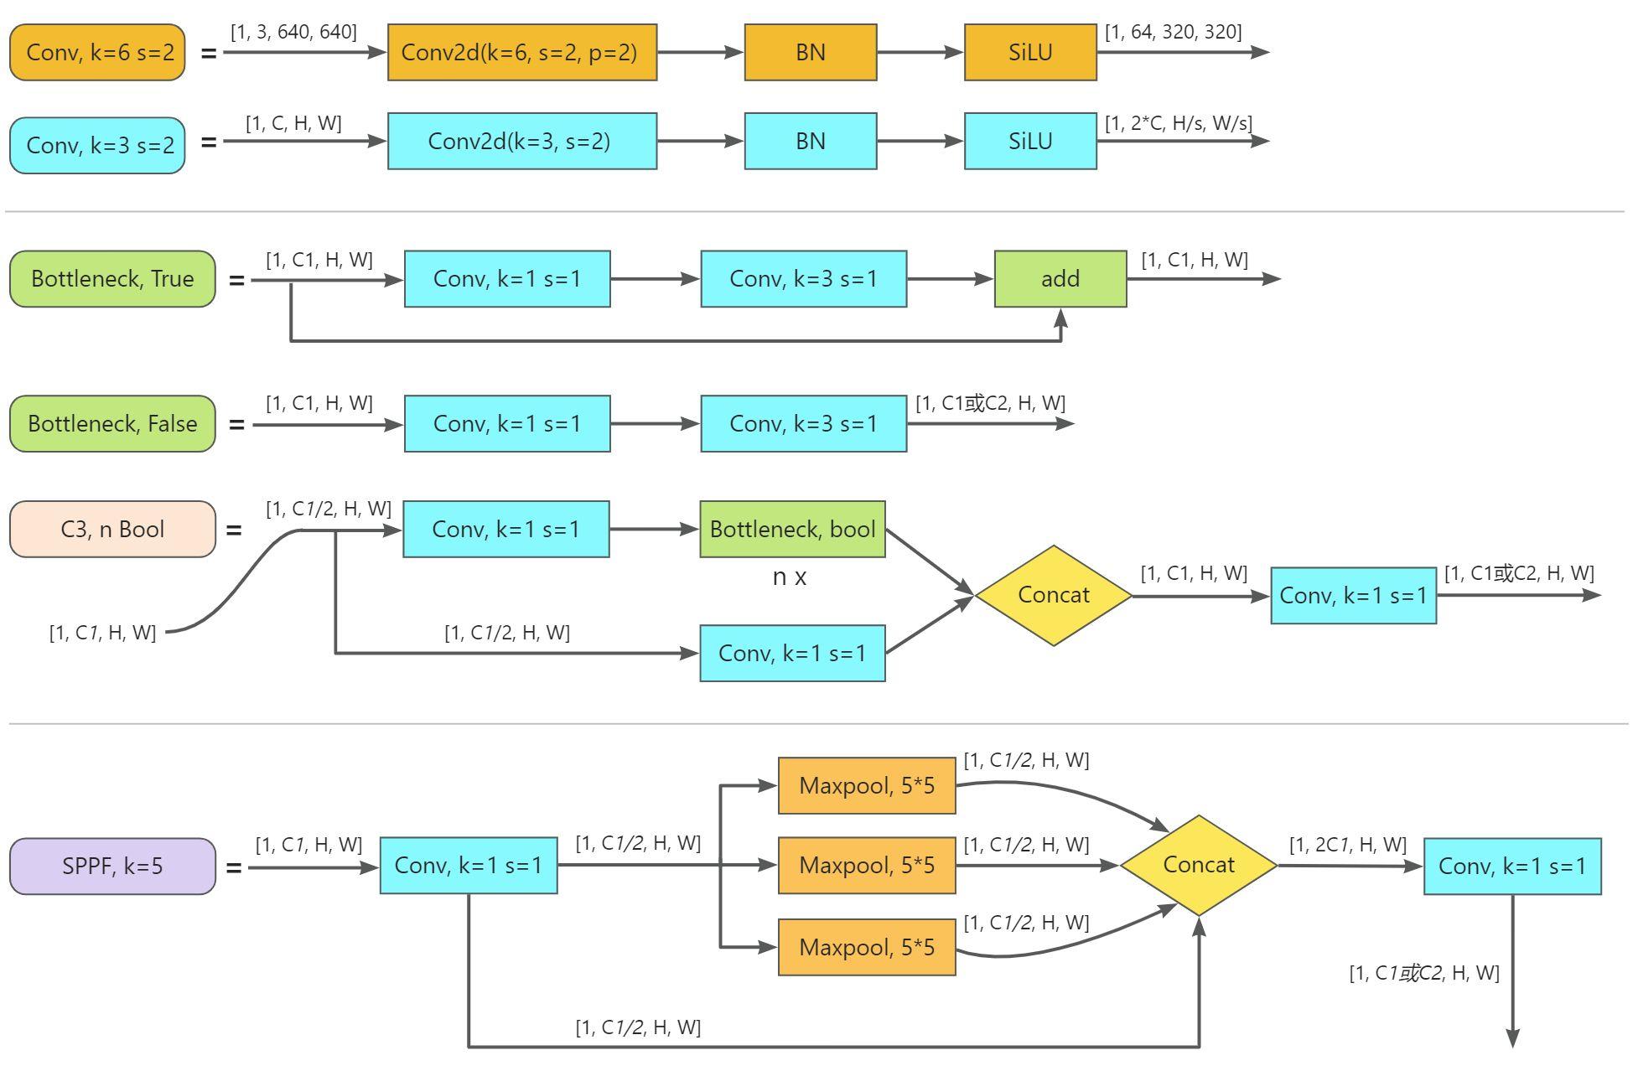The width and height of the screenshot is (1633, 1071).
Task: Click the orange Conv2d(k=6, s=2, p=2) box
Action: tap(521, 52)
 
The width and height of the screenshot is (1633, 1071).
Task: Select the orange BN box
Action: tap(810, 52)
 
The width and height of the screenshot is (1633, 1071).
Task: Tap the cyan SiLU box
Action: tap(1029, 141)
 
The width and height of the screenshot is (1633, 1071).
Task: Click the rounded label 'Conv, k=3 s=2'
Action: tap(97, 145)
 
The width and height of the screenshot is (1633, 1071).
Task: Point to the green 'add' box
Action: tap(1060, 278)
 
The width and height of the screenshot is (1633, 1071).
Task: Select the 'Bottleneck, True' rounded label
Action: tap(112, 278)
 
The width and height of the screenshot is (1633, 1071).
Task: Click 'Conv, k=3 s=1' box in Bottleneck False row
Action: tap(803, 423)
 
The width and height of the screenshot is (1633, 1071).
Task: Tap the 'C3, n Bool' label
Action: tap(112, 529)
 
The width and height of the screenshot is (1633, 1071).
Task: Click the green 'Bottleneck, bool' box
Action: tap(792, 529)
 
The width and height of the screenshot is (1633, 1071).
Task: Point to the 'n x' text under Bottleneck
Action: tap(789, 577)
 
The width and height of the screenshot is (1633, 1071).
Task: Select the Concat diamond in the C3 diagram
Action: tap(1053, 595)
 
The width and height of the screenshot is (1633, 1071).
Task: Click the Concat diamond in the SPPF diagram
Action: tap(1198, 865)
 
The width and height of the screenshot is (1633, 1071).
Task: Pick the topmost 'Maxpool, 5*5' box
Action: tap(866, 785)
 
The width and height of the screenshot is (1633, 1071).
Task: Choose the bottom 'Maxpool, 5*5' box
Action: tap(866, 947)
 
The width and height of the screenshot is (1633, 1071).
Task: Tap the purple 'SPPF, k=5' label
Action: tap(112, 866)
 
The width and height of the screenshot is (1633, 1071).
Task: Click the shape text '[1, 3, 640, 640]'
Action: tap(293, 32)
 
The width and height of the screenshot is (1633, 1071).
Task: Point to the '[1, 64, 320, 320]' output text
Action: tap(1173, 32)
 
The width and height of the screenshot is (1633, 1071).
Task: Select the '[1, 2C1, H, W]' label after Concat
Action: tap(1347, 845)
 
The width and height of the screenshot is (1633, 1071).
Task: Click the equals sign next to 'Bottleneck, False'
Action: tap(236, 425)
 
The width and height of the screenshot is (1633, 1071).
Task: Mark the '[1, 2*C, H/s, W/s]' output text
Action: tap(1178, 123)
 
